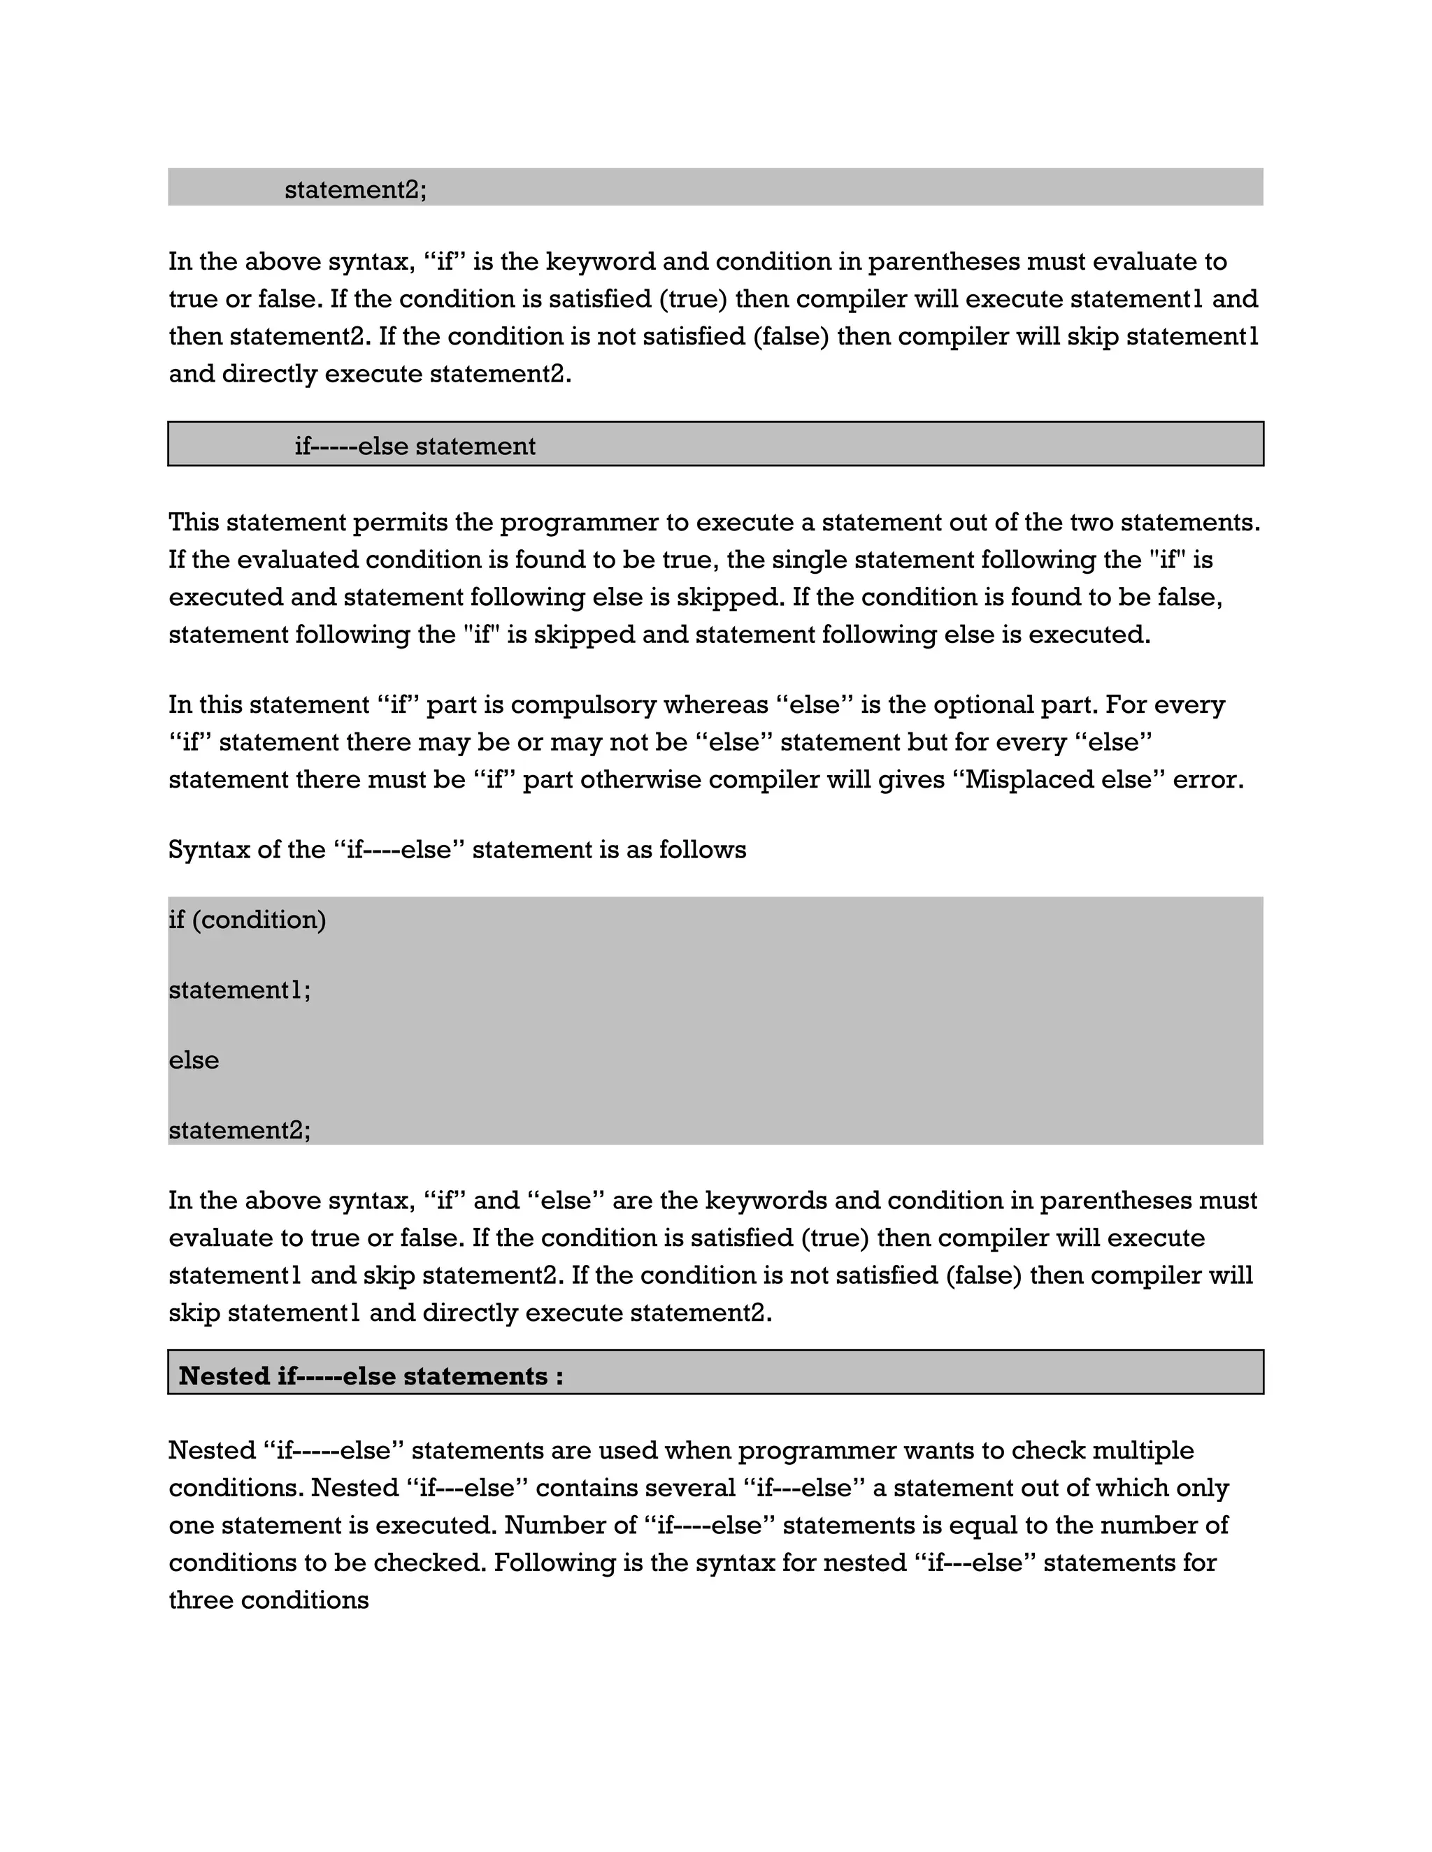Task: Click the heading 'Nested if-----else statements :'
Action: tap(371, 1375)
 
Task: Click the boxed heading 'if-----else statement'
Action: tap(415, 446)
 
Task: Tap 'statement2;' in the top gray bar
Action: tap(355, 189)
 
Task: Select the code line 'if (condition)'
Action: tap(247, 920)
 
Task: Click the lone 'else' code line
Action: tap(194, 1060)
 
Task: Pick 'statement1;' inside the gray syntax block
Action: tap(239, 990)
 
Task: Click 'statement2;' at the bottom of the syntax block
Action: tap(239, 1130)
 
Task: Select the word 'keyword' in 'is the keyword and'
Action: tap(600, 261)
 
